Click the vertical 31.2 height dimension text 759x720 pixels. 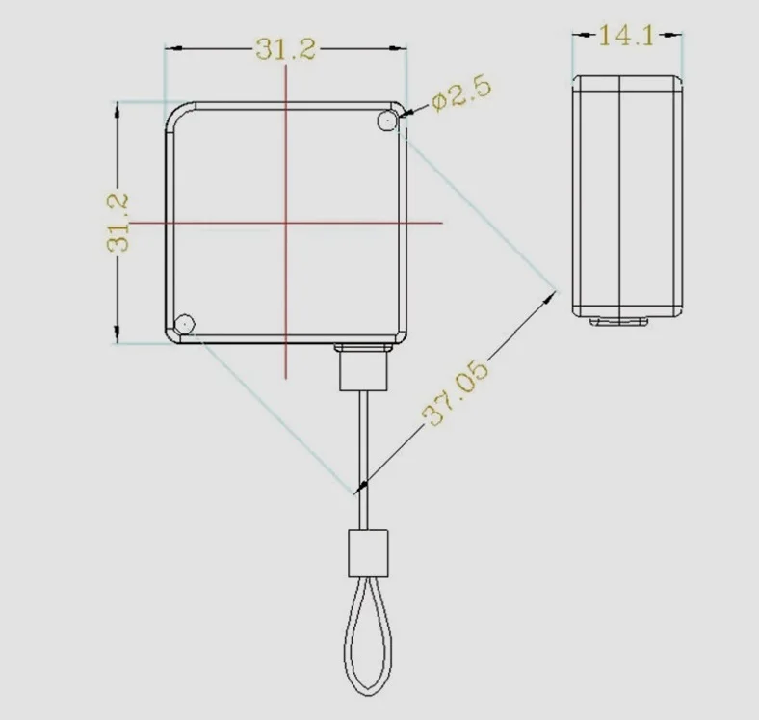(x=118, y=223)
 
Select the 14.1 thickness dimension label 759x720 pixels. (x=626, y=36)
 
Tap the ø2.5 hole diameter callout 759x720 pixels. (x=461, y=94)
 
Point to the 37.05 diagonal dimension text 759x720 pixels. (x=456, y=394)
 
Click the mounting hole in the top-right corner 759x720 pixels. (x=387, y=120)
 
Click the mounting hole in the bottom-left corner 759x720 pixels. (x=185, y=324)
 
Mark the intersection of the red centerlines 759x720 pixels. (x=286, y=223)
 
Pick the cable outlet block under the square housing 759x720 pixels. (x=363, y=367)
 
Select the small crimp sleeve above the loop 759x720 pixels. (x=367, y=552)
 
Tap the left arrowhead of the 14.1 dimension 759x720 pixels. (x=578, y=36)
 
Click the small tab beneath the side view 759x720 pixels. (x=618, y=321)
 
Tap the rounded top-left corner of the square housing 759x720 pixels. (x=175, y=113)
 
